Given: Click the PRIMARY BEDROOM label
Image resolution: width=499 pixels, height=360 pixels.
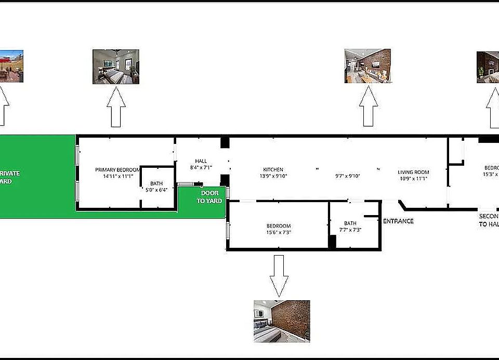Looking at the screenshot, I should coord(117,170).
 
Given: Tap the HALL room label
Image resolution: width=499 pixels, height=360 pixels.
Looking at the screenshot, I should coord(201,161).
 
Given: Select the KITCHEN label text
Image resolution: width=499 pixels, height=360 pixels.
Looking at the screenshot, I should coord(273,170).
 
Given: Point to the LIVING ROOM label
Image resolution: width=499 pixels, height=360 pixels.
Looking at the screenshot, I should coord(413,172).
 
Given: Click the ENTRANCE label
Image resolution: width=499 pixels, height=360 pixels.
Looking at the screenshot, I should coord(398,221).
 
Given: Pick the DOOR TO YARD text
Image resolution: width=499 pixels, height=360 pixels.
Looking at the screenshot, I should coord(209,197).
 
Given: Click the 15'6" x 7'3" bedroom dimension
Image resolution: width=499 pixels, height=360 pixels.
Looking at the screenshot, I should coord(279,232).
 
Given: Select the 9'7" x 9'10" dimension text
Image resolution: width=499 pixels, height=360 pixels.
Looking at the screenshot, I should coord(348,176).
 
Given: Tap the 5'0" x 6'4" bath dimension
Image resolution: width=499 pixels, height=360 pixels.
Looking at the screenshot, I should coord(156,190).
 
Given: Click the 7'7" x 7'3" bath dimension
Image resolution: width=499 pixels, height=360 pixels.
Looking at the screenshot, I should coord(350,230).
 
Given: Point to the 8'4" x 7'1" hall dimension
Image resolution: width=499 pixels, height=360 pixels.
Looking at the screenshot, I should coord(201,168).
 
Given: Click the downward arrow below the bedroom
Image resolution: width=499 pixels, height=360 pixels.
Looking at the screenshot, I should coord(279,275).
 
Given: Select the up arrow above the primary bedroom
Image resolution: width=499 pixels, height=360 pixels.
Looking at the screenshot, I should coord(116,107).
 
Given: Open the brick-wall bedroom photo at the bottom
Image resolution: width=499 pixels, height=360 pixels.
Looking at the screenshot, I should coord(282,321).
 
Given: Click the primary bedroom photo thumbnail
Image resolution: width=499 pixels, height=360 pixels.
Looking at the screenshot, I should coord(116,66).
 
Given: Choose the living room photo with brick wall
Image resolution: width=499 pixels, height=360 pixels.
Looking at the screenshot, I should coord(368,66).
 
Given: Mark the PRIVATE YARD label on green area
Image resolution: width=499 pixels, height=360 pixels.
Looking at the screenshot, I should coord(10,178).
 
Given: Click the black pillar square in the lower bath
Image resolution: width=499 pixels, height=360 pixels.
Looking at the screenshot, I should coord(332,242).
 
